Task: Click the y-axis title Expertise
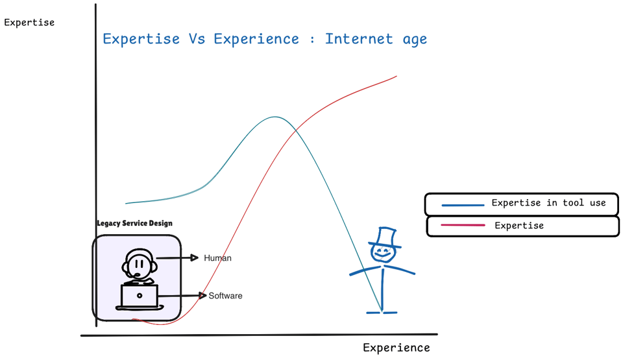pyautogui.click(x=29, y=23)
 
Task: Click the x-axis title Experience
pyautogui.click(x=396, y=348)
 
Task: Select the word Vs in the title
pyautogui.click(x=197, y=39)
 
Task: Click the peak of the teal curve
pyautogui.click(x=275, y=117)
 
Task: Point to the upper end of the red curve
pyautogui.click(x=396, y=77)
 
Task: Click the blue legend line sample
pyautogui.click(x=463, y=205)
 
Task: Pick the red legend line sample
pyautogui.click(x=463, y=226)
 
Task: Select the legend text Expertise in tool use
pyautogui.click(x=548, y=203)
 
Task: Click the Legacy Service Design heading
pyautogui.click(x=134, y=224)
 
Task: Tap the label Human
pyautogui.click(x=217, y=258)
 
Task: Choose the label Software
pyautogui.click(x=225, y=296)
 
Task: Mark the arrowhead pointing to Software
pyautogui.click(x=203, y=296)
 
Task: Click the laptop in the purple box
pyautogui.click(x=140, y=296)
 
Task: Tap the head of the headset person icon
pyautogui.click(x=138, y=264)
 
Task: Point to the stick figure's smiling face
pyautogui.click(x=383, y=254)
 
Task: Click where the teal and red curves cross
pyautogui.click(x=296, y=131)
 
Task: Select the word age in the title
pyautogui.click(x=415, y=39)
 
